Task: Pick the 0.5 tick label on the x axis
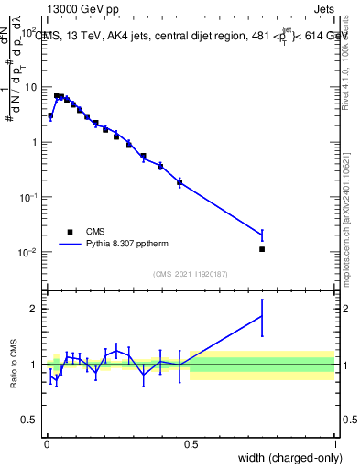point(191,443)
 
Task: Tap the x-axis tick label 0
point(47,443)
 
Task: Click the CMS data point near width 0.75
point(262,249)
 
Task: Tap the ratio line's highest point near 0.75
point(262,315)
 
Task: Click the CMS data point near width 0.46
point(180,182)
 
